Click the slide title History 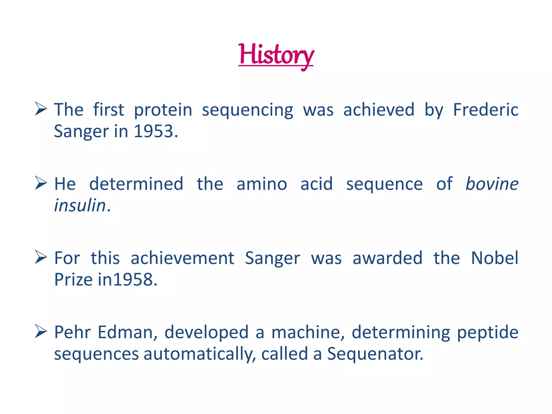coord(276,55)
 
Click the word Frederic coord(485,110)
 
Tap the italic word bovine coord(492,184)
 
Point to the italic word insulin coord(80,206)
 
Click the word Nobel coord(495,258)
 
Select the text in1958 coord(127,280)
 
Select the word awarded coord(387,258)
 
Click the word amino coord(262,184)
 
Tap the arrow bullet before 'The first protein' coord(41,109)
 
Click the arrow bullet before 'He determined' coord(41,183)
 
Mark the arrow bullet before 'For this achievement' coord(41,257)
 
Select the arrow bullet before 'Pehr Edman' coord(41,332)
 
